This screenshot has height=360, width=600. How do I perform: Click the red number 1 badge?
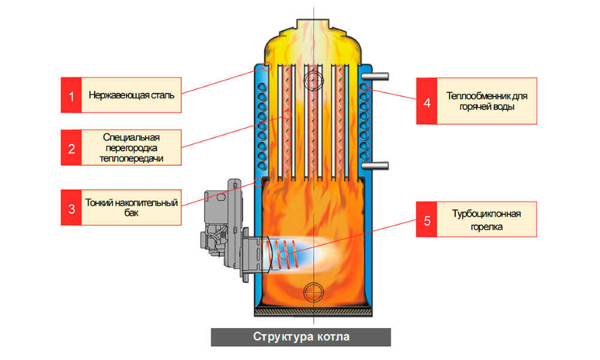pos(71,95)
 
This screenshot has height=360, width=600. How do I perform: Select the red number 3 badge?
pos(71,208)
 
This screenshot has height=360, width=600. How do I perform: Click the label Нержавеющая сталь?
pos(131,95)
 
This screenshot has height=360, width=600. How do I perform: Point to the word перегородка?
pos(131,148)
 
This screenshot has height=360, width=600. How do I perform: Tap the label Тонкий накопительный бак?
pos(131,208)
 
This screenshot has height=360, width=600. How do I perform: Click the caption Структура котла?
pos(301,337)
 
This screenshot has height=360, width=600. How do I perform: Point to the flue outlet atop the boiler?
pos(314,25)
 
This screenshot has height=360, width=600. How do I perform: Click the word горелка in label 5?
pos(487,227)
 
